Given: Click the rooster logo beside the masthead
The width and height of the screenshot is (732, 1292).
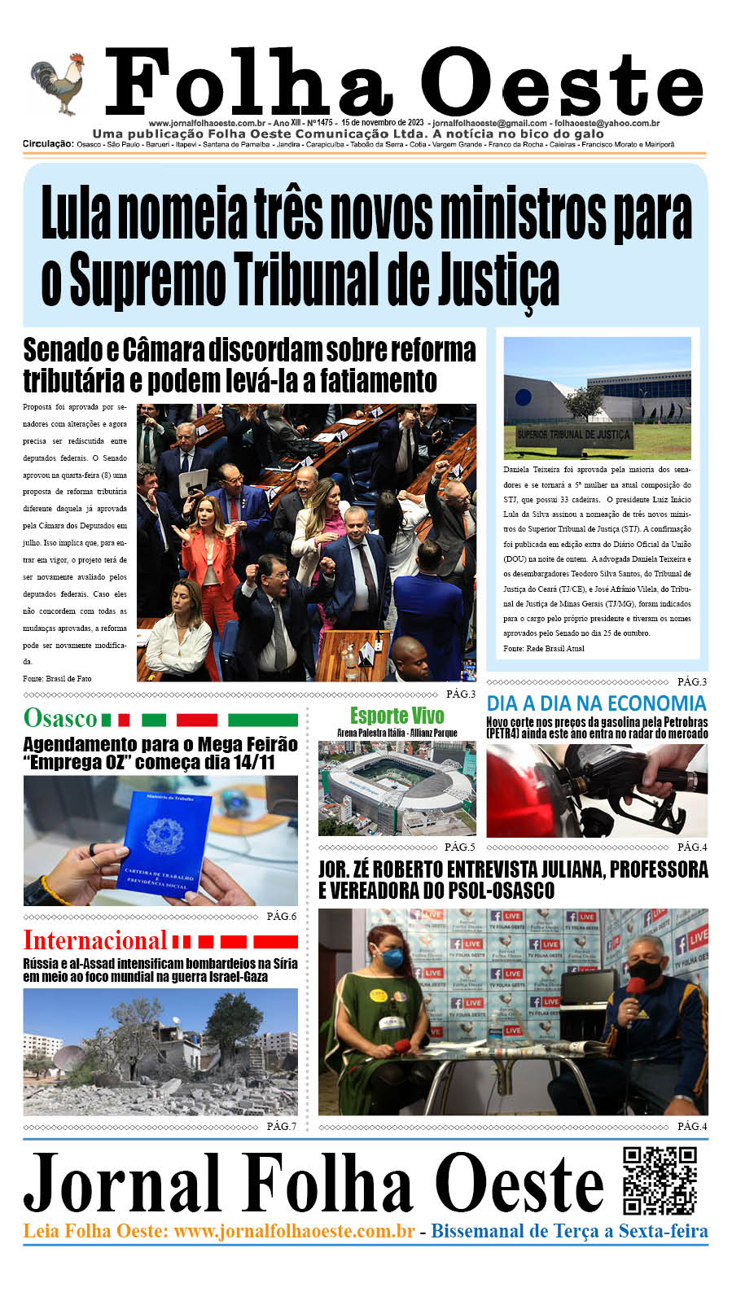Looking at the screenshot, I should (59, 84).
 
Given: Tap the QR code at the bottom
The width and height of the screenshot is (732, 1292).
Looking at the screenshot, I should (660, 1180).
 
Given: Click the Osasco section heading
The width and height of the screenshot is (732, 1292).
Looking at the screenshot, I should (60, 719).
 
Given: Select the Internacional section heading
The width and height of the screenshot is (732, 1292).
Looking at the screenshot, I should (94, 941).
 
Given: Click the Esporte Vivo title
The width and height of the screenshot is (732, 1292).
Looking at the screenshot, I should (397, 716).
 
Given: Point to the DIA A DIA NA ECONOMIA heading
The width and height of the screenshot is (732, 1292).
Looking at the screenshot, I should (596, 703).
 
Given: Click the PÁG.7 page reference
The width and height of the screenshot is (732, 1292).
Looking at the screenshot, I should (282, 1126).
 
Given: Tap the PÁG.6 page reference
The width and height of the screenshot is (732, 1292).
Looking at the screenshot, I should (282, 917).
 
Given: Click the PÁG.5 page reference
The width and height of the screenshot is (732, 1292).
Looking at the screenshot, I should (460, 847).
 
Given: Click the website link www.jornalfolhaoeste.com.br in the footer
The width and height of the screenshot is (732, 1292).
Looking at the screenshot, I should (294, 1232).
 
